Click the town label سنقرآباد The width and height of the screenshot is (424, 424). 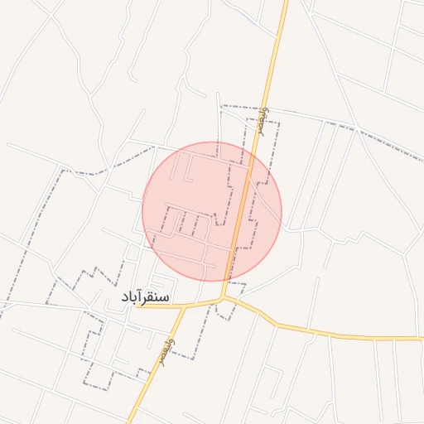145,296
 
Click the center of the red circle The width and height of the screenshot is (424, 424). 212,210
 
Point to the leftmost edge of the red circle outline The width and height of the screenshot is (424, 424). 142,210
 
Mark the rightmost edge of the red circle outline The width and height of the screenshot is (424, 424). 282,210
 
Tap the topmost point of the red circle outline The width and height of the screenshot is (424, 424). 212,141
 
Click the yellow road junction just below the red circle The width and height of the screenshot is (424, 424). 224,299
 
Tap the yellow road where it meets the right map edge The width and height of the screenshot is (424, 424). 422,338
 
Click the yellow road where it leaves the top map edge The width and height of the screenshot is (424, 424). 286,2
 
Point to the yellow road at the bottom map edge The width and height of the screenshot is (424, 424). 128,422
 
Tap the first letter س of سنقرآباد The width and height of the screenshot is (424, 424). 165,296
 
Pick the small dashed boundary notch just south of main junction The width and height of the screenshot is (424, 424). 221,317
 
